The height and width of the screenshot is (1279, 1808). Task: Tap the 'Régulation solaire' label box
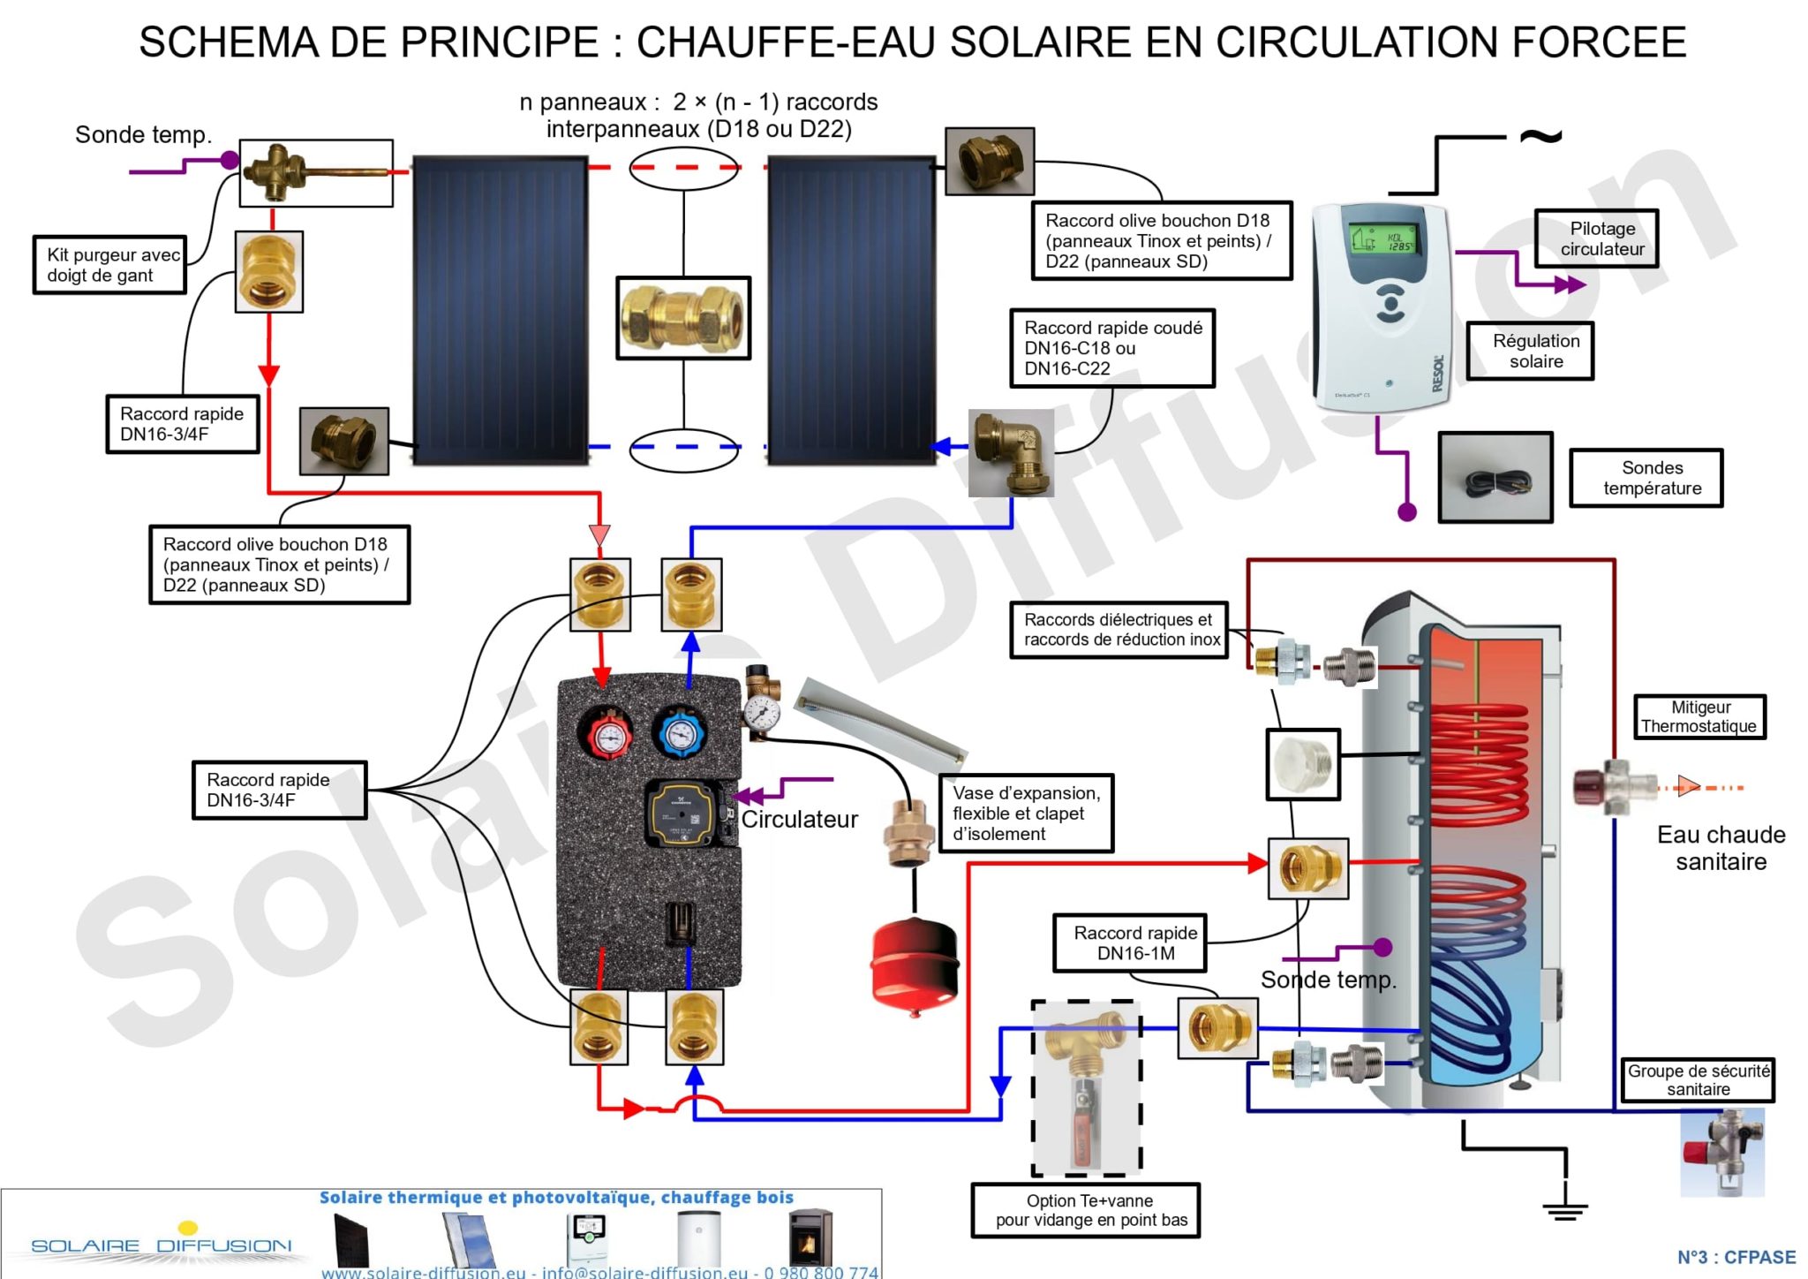point(1535,351)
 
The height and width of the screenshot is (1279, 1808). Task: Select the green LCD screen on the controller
point(1382,231)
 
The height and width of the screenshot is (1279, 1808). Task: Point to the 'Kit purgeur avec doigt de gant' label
point(111,265)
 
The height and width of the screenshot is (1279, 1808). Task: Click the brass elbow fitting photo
point(1011,451)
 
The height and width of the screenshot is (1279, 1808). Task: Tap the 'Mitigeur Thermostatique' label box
point(1699,716)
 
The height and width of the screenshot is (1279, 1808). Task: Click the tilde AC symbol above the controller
point(1540,137)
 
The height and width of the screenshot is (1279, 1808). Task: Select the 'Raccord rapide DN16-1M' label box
point(1134,942)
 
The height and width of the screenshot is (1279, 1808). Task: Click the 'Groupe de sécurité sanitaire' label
point(1697,1079)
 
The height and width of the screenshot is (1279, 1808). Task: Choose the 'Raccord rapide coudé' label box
point(1111,348)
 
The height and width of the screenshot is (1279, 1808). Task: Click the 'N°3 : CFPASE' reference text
point(1736,1257)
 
